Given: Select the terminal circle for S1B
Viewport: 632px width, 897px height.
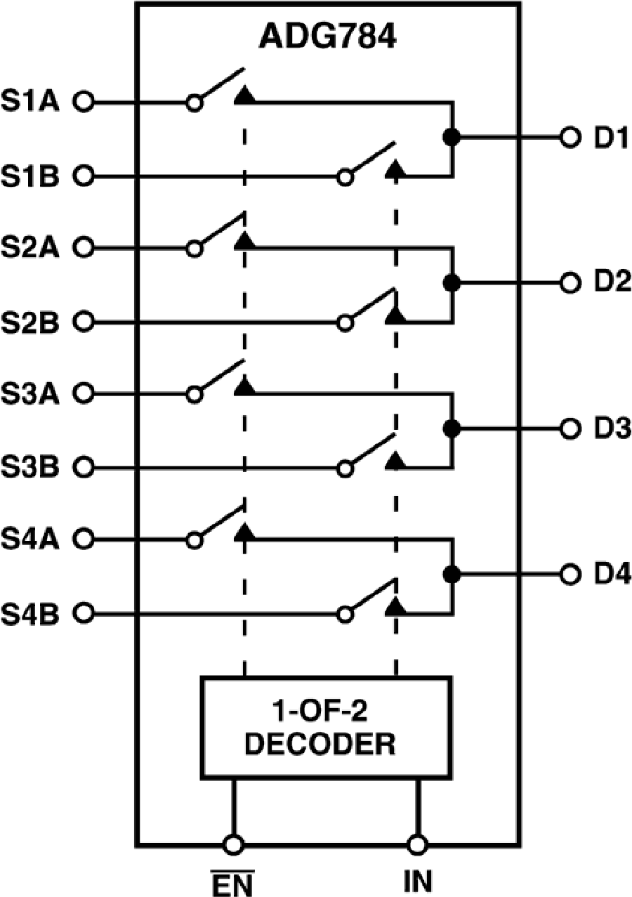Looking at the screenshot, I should point(84,176).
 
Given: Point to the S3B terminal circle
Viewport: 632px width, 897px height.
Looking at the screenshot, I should point(84,467).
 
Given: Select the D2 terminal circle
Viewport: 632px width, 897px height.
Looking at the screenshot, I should point(570,283).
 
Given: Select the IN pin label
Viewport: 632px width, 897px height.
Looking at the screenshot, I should point(418,880).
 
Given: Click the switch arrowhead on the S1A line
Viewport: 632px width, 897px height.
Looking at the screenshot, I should point(244,96).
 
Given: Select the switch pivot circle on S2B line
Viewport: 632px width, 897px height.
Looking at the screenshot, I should point(345,323).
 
